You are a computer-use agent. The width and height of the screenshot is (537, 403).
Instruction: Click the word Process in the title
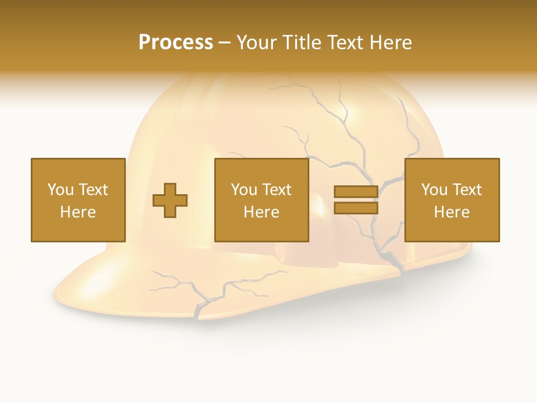(x=176, y=43)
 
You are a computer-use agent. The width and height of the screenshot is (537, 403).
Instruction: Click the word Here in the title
(x=392, y=43)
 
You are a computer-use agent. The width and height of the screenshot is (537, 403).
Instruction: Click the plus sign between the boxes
(x=170, y=200)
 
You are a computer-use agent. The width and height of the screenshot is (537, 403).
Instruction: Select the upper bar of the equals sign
(x=356, y=192)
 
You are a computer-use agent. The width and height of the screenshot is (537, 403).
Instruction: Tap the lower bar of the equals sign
(x=356, y=208)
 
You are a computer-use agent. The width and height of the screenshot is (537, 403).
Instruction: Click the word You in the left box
(x=60, y=190)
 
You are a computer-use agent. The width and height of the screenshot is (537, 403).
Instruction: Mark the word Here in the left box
(x=78, y=212)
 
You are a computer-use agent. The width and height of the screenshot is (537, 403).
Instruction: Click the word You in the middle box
(x=243, y=190)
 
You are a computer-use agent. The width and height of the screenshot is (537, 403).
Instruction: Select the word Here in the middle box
(x=261, y=212)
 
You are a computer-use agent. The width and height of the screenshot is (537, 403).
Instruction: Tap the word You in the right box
(x=434, y=190)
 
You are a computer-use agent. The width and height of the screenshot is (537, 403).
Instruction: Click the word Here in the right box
(x=451, y=212)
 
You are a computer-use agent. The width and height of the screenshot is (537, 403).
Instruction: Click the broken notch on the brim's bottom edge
(x=199, y=316)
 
